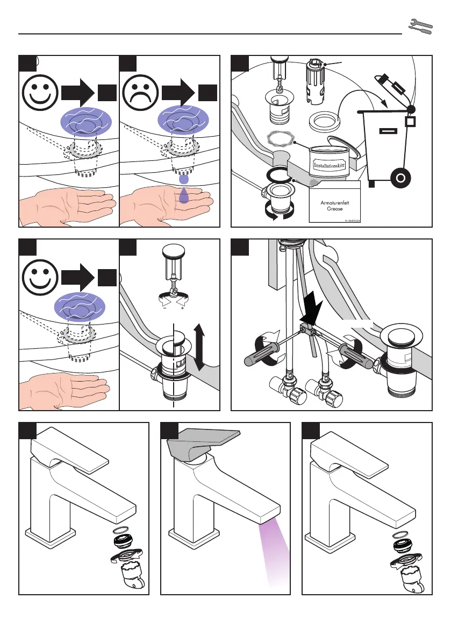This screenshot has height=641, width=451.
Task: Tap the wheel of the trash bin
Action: point(400,178)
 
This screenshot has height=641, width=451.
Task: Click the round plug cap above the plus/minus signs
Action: point(172,251)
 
